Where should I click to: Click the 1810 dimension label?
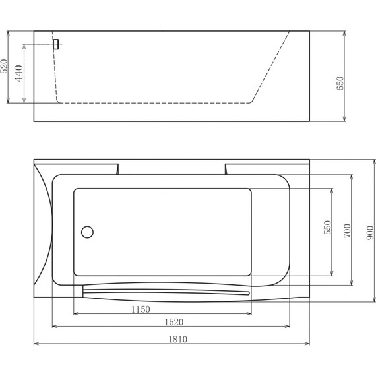pyautogui.click(x=177, y=339)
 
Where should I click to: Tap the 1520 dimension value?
pyautogui.click(x=174, y=322)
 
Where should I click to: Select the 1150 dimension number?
pyautogui.click(x=141, y=309)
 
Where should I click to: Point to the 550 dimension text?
pyautogui.click(x=327, y=228)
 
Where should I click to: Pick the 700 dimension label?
pyautogui.click(x=347, y=231)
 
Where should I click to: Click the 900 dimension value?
pyautogui.click(x=370, y=233)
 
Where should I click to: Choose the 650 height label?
pyautogui.click(x=340, y=84)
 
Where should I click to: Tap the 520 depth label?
pyautogui.click(x=4, y=66)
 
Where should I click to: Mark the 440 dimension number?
pyautogui.click(x=19, y=73)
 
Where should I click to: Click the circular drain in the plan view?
pyautogui.click(x=87, y=232)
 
